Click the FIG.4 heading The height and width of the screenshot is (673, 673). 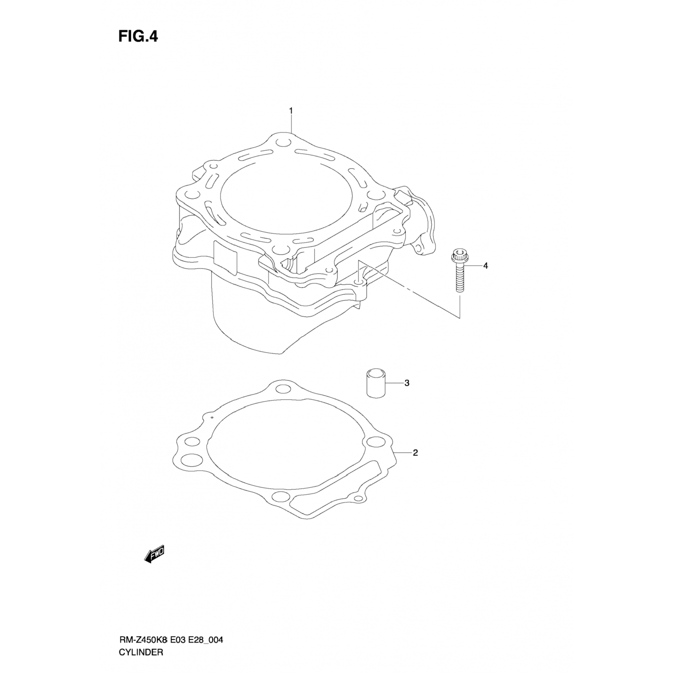[x=138, y=36]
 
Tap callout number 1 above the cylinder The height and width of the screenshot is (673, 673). [x=291, y=110]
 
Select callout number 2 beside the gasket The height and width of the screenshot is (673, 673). [x=415, y=453]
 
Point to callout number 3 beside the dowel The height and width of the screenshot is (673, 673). [x=406, y=383]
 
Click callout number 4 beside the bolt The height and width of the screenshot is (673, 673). [x=485, y=266]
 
